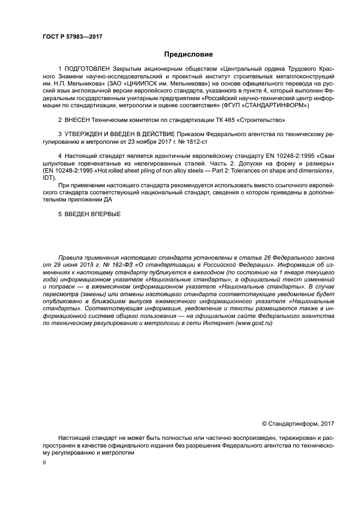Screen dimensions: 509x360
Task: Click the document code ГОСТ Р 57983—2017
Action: click(72, 36)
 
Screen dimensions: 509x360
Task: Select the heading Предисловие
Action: click(189, 54)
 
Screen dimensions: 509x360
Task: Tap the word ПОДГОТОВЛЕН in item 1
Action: click(87, 69)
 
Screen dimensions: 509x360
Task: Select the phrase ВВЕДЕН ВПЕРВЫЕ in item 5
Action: click(93, 213)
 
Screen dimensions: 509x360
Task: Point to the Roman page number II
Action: click(45, 462)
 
